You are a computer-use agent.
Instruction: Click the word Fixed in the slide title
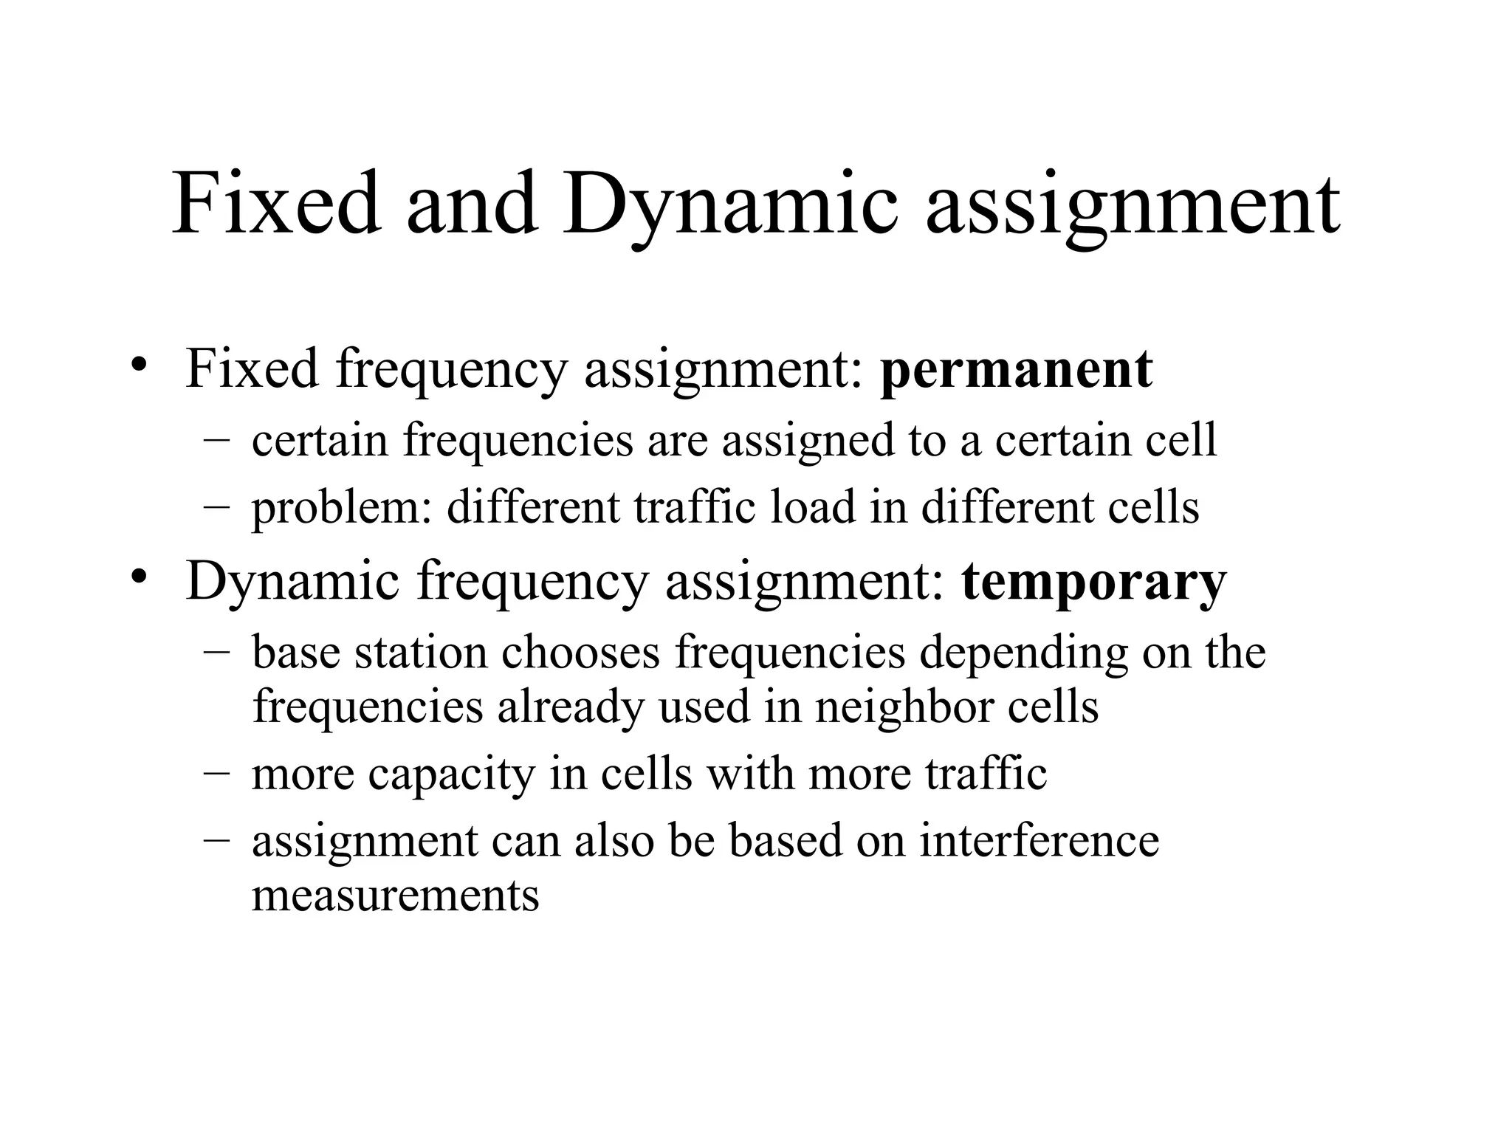[x=276, y=202]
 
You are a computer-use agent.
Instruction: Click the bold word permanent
[x=1016, y=369]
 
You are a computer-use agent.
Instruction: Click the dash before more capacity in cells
[x=216, y=774]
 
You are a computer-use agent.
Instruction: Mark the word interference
[x=1039, y=840]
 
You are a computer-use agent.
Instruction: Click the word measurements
[x=395, y=895]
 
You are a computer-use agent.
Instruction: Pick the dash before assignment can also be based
[x=216, y=840]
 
